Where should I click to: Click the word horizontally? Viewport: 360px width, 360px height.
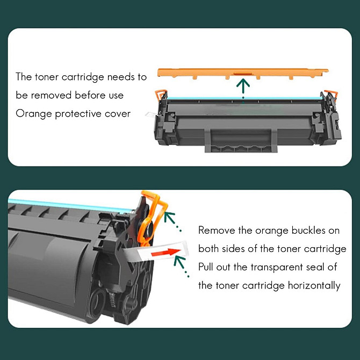click(x=314, y=286)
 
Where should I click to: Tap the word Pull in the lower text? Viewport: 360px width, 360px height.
click(x=205, y=267)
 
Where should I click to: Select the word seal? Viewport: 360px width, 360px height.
click(x=314, y=267)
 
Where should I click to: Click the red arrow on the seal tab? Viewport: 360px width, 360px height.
click(x=166, y=252)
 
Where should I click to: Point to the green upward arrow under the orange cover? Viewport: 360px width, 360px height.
click(x=243, y=89)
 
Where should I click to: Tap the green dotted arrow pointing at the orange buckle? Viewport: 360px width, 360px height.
click(x=172, y=221)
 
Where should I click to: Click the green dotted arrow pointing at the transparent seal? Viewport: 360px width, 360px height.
click(x=182, y=267)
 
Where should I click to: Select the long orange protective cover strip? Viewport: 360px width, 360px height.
click(x=243, y=73)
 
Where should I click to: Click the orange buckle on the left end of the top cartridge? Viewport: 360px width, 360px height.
click(x=161, y=93)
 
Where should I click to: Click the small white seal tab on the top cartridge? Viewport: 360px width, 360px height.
click(x=150, y=114)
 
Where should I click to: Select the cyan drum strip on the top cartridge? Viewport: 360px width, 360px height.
click(x=244, y=98)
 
